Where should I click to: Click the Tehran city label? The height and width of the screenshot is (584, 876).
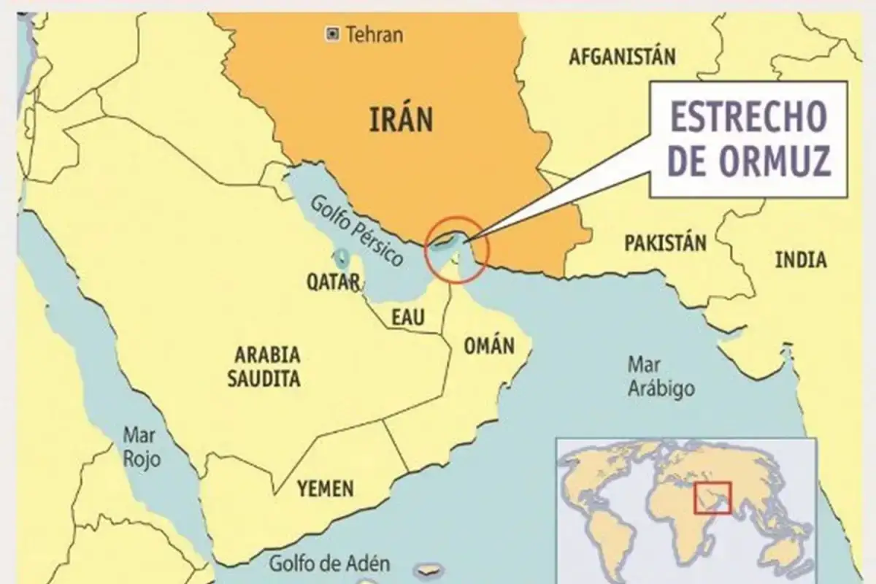click(374, 34)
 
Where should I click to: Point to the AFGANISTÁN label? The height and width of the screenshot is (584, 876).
click(622, 56)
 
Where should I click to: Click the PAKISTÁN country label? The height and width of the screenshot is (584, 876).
click(665, 242)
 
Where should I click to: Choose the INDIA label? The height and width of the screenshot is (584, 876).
click(800, 259)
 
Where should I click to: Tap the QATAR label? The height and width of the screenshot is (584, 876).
click(332, 283)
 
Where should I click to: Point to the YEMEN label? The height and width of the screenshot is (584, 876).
click(325, 488)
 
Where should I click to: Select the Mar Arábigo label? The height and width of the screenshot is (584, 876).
click(661, 377)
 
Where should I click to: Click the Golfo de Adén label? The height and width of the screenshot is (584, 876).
click(328, 564)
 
